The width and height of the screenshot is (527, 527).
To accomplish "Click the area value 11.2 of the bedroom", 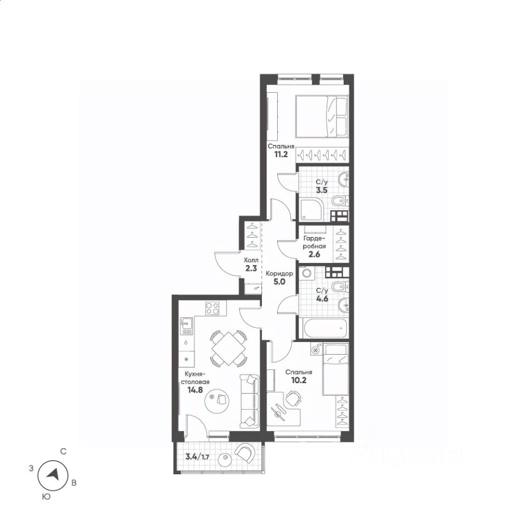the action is pyautogui.click(x=281, y=155).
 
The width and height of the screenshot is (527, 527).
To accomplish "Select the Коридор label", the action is pyautogui.click(x=279, y=273).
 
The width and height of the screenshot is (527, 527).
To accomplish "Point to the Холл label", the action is pyautogui.click(x=251, y=260).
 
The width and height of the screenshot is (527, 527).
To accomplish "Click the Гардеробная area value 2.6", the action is pyautogui.click(x=314, y=254).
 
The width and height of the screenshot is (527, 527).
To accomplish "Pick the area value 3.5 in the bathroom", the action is pyautogui.click(x=321, y=190).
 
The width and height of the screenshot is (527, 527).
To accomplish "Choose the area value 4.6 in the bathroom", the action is pyautogui.click(x=322, y=299).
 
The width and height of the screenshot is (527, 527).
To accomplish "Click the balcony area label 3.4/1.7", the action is pyautogui.click(x=198, y=456).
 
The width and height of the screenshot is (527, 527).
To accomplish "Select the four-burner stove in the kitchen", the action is pyautogui.click(x=212, y=308).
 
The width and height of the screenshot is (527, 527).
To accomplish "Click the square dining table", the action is pyautogui.click(x=228, y=349).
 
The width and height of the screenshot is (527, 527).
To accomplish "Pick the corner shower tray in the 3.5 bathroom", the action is pyautogui.click(x=311, y=210).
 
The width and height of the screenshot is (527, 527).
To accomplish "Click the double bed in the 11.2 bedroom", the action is pyautogui.click(x=322, y=116).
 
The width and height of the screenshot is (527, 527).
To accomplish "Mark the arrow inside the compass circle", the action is pyautogui.click(x=53, y=474).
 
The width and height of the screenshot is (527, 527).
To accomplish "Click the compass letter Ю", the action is pyautogui.click(x=46, y=496).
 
